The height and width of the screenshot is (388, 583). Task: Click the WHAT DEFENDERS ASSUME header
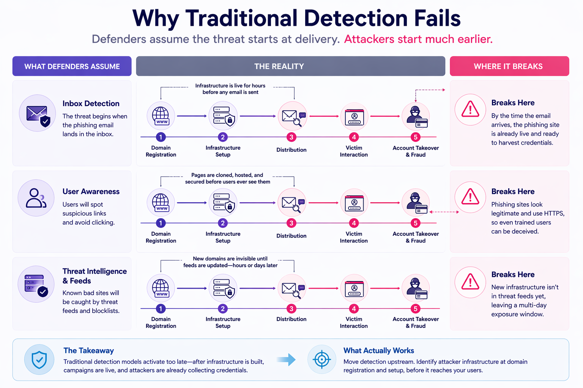(72, 66)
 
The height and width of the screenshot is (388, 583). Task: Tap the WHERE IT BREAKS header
(509, 66)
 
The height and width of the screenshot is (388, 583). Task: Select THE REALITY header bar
(290, 66)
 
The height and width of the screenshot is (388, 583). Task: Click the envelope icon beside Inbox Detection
(38, 113)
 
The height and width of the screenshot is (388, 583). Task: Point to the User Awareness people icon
(36, 198)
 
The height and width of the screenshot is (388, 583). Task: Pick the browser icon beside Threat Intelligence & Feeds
(36, 284)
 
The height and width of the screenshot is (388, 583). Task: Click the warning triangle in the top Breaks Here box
(470, 110)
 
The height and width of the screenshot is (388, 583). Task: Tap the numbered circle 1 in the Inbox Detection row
(161, 137)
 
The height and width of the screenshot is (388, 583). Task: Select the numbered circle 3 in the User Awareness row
(291, 223)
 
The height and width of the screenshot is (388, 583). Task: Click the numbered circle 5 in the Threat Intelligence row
(416, 309)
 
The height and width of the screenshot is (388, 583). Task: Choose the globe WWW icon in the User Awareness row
(161, 202)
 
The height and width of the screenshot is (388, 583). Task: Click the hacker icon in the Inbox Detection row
(416, 116)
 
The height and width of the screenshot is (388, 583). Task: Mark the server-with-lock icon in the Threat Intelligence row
(223, 288)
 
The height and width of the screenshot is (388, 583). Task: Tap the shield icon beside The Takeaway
(39, 359)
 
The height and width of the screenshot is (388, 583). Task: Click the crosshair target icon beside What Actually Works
(322, 359)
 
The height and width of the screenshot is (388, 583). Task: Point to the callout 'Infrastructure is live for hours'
(230, 86)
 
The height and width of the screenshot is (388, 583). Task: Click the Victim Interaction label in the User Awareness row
(354, 237)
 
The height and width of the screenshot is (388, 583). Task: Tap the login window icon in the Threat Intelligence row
(354, 288)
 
